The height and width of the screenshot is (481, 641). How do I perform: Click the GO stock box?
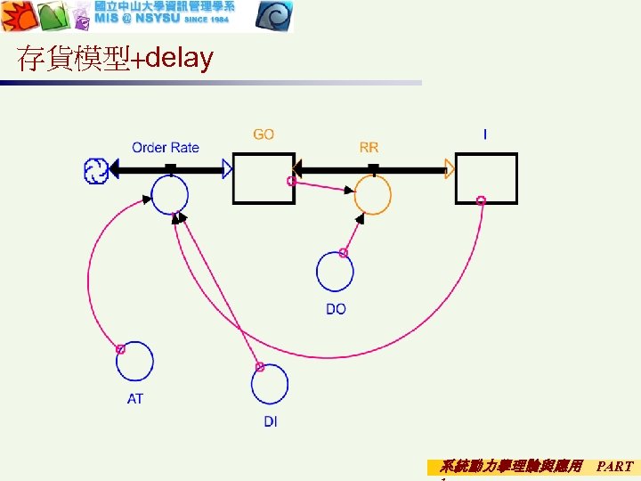click(264, 178)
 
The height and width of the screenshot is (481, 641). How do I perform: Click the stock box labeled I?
click(486, 178)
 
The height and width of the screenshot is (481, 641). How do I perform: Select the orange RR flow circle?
click(373, 194)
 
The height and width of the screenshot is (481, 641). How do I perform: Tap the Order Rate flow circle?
click(169, 194)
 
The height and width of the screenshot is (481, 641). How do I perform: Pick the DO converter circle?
click(336, 272)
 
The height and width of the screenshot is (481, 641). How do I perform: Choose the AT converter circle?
click(134, 361)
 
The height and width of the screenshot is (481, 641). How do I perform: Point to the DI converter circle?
click(270, 384)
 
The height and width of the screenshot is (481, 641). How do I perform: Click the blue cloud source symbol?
click(95, 169)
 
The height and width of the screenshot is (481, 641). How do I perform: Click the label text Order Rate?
click(166, 147)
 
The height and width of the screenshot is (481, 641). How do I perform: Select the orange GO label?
click(264, 135)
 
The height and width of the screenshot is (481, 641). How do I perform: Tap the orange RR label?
click(369, 147)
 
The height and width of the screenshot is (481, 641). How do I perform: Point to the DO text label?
click(336, 309)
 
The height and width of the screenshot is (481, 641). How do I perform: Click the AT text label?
click(134, 399)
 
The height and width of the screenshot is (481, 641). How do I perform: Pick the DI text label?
click(270, 421)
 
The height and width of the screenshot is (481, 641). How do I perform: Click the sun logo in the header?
click(17, 16)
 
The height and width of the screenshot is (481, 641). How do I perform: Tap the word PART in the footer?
click(615, 466)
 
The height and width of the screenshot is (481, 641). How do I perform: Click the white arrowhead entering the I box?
click(450, 168)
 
